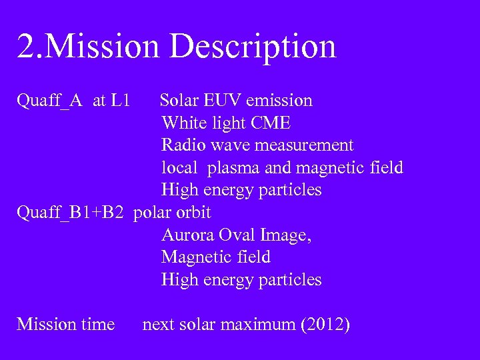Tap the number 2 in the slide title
(25, 47)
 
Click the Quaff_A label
(49, 101)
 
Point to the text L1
(121, 101)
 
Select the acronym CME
(271, 123)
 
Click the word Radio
(183, 145)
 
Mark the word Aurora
(187, 235)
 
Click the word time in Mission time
(98, 325)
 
